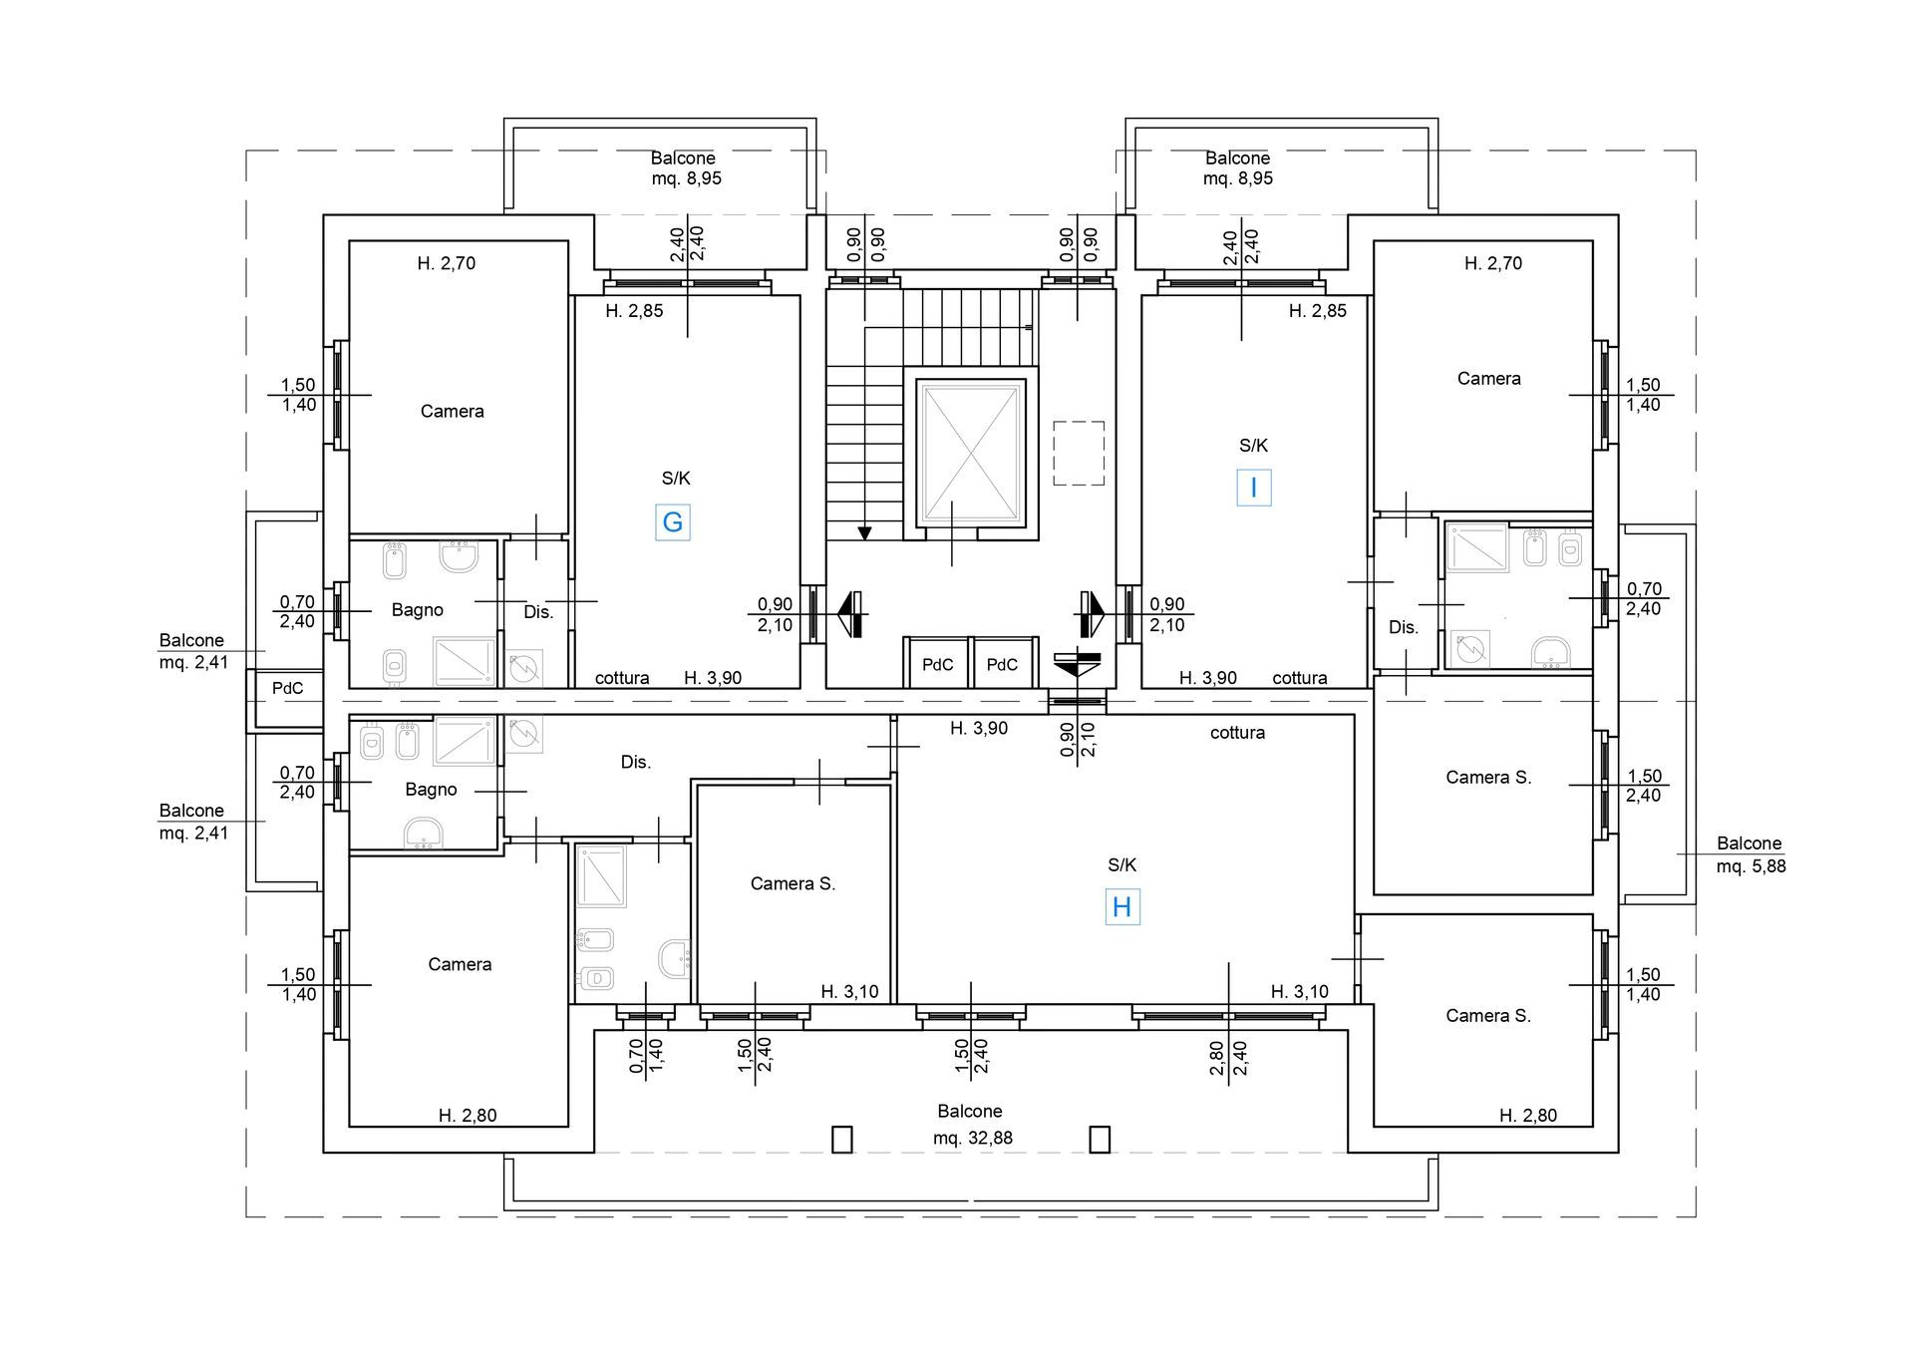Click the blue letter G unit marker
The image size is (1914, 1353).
[673, 522]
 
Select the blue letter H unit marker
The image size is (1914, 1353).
[1121, 907]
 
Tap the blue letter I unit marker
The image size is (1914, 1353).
[1253, 488]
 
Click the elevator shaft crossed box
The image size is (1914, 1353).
[970, 454]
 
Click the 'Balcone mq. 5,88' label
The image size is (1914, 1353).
[1751, 854]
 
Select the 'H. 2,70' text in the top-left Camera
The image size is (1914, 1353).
[446, 263]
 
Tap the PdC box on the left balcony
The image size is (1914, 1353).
[287, 688]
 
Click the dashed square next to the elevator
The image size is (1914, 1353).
[1079, 454]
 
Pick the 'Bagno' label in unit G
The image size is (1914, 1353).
[417, 609]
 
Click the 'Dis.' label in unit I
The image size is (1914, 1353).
[1404, 627]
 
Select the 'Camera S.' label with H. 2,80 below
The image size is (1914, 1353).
[1488, 1015]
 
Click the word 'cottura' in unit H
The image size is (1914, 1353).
[1237, 732]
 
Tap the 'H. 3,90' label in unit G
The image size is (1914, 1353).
[713, 678]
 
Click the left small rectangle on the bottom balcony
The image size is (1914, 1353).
[842, 1140]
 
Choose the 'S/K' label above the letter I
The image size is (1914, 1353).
[1253, 446]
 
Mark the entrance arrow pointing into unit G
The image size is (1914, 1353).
[850, 613]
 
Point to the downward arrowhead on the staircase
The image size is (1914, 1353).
[864, 533]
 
